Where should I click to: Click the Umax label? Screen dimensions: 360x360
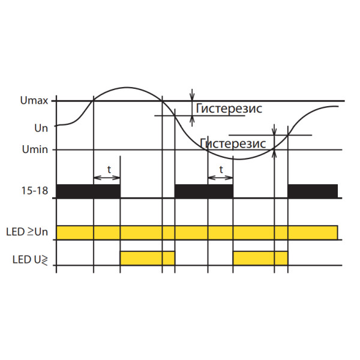coord(34,101)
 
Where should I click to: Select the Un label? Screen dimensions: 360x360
coord(41,128)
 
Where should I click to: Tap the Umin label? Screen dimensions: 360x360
coord(35,149)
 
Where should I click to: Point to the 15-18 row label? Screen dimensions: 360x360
coord(35,191)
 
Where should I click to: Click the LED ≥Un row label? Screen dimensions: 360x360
coord(27,232)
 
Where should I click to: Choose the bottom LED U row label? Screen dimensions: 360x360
coord(30,260)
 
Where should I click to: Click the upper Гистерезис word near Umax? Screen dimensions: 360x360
coord(229,109)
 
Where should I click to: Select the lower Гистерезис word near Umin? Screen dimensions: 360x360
coord(233,143)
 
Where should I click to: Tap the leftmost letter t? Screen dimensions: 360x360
coord(109,170)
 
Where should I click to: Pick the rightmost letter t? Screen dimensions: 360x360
coord(221,170)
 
